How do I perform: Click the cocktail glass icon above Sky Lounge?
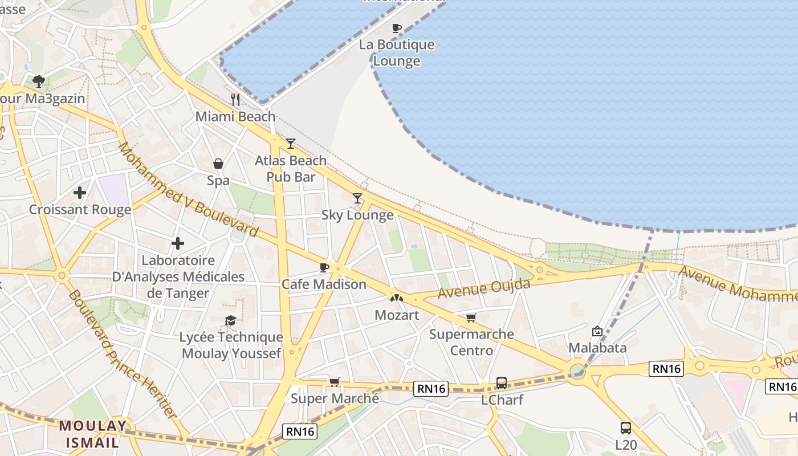click(357, 198)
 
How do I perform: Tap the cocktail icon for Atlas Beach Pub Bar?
click(291, 144)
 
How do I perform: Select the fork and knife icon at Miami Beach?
click(235, 100)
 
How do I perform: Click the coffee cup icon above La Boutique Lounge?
click(397, 28)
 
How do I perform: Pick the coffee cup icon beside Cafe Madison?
click(324, 267)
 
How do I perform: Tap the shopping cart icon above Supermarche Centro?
click(471, 317)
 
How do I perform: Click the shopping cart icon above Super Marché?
click(334, 382)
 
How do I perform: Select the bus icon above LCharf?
click(502, 383)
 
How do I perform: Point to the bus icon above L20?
click(626, 427)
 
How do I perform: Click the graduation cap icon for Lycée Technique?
click(230, 321)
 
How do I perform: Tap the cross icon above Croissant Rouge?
click(80, 193)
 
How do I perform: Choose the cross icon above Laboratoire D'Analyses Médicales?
click(178, 244)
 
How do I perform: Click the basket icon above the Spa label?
click(218, 164)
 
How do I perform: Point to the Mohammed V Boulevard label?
click(188, 190)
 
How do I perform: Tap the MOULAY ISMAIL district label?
click(93, 434)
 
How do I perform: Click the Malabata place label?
click(597, 348)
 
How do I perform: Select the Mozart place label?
click(397, 315)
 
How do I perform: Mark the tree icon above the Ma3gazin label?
click(39, 82)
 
